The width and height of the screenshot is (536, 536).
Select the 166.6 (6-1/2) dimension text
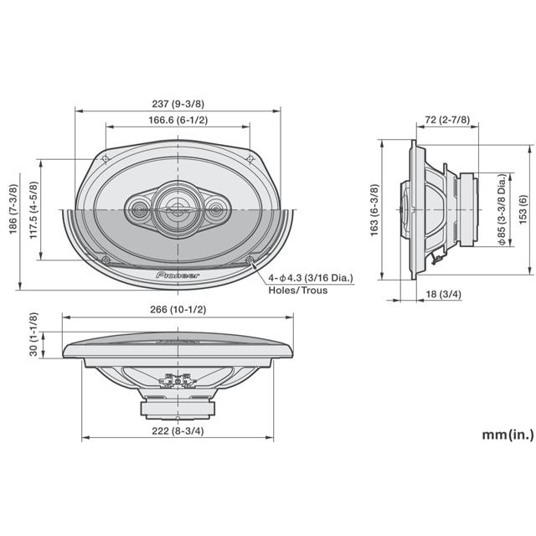(x=177, y=121)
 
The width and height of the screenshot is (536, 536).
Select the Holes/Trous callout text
(x=297, y=291)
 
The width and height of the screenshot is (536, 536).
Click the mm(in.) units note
(x=508, y=435)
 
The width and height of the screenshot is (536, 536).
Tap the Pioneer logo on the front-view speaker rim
(x=178, y=274)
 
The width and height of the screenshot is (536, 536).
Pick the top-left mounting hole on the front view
(x=104, y=158)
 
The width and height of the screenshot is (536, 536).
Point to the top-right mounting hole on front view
(x=250, y=158)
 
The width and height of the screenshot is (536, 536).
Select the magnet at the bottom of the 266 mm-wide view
(x=178, y=409)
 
